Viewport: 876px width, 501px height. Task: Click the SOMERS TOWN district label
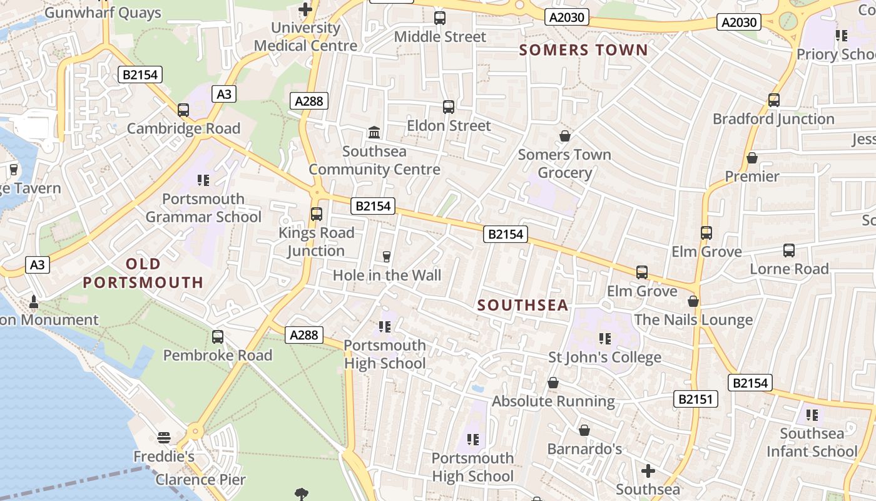[x=584, y=50]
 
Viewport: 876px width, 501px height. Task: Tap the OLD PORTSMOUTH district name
[x=143, y=273]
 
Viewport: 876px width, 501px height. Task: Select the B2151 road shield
[x=695, y=399]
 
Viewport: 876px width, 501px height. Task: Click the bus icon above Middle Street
[x=440, y=18]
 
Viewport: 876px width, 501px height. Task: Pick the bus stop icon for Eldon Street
[x=449, y=107]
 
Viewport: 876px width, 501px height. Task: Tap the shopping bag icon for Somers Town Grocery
[x=564, y=136]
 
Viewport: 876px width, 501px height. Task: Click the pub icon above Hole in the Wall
[x=386, y=256]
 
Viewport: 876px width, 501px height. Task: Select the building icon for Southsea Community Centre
[x=374, y=133]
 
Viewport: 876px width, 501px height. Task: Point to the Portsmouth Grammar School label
[x=203, y=208]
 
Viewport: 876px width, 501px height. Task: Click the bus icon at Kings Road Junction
[x=317, y=214]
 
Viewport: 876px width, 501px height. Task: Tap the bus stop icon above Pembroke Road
[x=218, y=337]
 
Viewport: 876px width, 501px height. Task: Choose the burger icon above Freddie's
[x=164, y=438]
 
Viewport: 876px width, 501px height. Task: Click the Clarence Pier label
[x=200, y=480]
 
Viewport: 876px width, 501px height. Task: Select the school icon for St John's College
[x=604, y=339]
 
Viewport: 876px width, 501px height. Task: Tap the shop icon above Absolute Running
[x=553, y=383]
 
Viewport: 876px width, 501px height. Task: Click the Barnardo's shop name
[x=584, y=449]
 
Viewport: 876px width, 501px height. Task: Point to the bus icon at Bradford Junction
[x=773, y=100]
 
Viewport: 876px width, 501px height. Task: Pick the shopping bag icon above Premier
[x=752, y=158]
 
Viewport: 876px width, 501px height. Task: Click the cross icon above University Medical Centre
[x=305, y=9]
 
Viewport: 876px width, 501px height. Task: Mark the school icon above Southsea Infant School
[x=812, y=415]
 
